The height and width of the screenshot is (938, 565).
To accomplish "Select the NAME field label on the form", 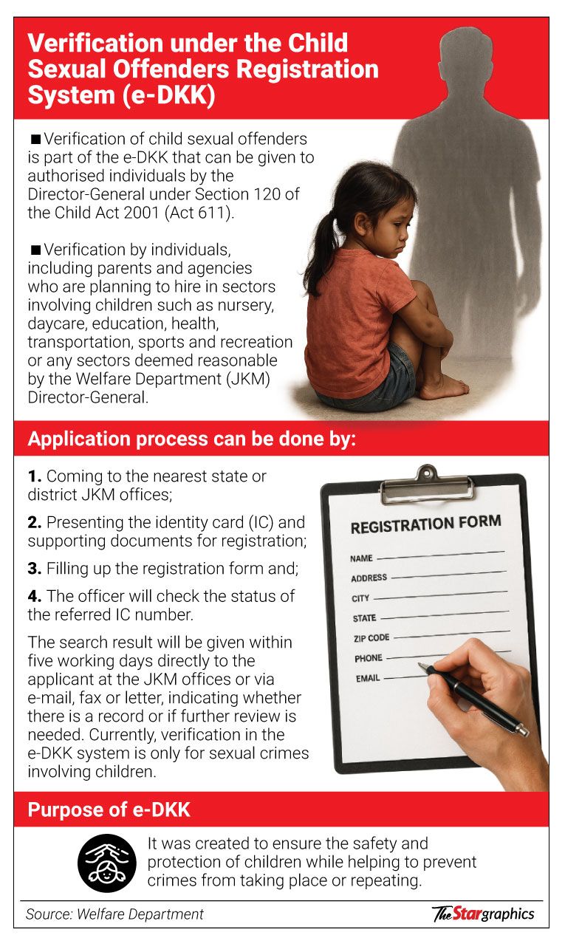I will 361,558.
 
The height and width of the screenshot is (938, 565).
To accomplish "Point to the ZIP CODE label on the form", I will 371,637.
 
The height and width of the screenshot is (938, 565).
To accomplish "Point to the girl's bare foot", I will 443,387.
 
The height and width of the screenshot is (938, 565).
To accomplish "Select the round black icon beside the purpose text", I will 107,862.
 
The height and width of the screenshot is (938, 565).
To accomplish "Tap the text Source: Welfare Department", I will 114,914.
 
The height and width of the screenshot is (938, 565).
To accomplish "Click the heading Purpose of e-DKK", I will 109,809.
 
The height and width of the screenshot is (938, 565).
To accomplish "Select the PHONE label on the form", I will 369,658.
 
